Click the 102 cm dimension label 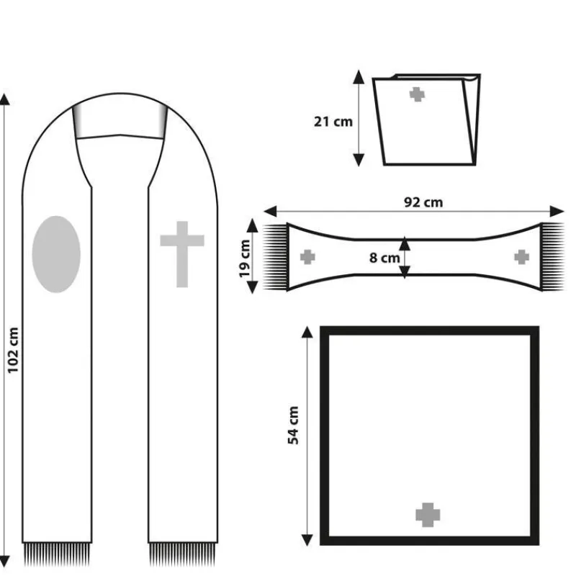(13, 350)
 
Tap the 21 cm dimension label (333, 122)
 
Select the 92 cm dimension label (423, 202)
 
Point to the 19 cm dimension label (244, 258)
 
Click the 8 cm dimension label (384, 258)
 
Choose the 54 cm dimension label (293, 426)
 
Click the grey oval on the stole (56, 254)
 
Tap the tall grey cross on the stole (182, 254)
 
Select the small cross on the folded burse (417, 94)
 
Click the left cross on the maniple (307, 257)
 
